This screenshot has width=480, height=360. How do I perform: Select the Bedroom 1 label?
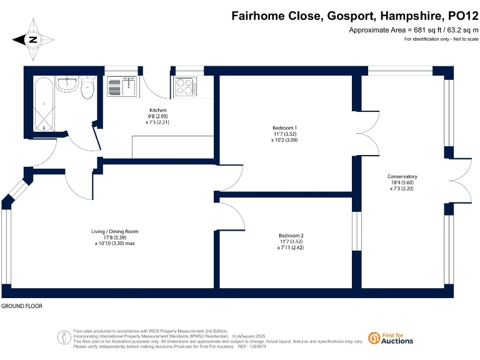pos(284,128)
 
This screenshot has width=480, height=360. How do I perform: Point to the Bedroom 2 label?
pos(291,236)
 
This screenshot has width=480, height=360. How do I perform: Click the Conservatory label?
pos(402,176)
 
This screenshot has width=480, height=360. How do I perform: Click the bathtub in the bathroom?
pos(43,104)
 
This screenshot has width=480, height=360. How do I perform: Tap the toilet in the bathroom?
pos(87,89)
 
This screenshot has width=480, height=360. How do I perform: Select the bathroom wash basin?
pos(66,83)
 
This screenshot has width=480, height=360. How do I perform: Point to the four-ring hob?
pos(184,87)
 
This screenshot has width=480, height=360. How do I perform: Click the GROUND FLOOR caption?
pos(22,307)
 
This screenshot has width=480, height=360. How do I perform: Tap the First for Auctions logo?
pos(391,338)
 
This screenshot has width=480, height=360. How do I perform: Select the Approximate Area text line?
pos(413,31)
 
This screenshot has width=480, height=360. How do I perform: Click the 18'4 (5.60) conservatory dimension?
pos(402,182)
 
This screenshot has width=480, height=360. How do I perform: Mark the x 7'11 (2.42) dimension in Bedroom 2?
pos(291,247)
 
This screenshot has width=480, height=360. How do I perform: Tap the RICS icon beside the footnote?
pos(64,337)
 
